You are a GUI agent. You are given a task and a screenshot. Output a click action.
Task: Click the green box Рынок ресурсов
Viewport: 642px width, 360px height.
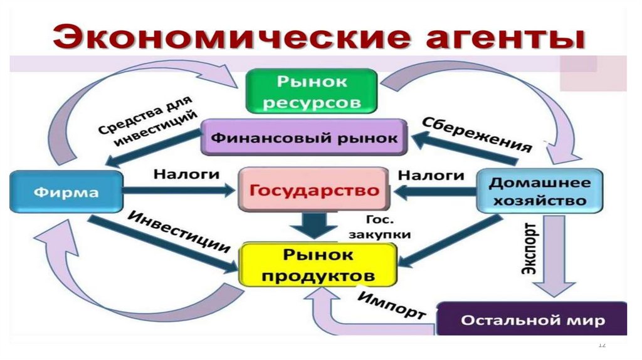point(311,91)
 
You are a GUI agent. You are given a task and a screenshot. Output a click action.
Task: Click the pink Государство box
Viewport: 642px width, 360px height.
point(312,190)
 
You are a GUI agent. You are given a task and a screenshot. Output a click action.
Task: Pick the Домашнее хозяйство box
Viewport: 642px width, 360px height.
point(540,191)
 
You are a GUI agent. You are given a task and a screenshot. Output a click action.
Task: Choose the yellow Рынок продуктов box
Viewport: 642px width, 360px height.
point(317,265)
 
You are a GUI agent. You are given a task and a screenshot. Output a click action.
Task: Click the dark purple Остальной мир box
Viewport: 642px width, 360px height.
point(532,320)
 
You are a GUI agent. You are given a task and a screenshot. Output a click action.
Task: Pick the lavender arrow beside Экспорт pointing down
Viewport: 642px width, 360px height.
point(555,257)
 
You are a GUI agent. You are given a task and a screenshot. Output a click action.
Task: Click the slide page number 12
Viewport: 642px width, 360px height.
point(603,344)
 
